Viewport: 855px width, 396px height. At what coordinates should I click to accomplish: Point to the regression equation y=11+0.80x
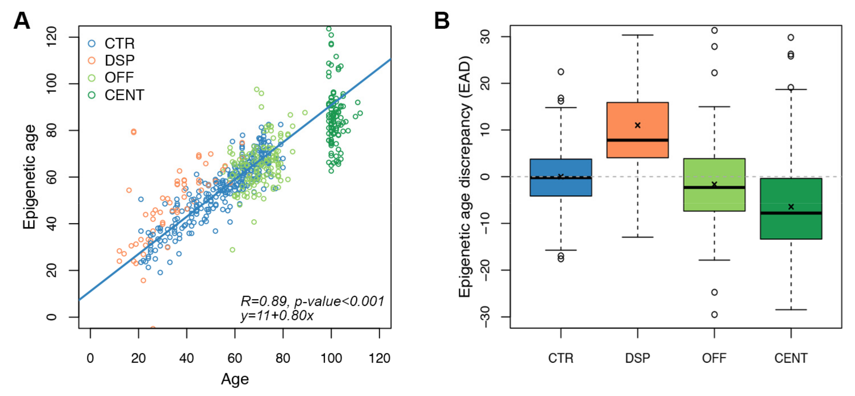pos(277,315)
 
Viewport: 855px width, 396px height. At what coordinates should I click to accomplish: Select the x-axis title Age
pos(235,379)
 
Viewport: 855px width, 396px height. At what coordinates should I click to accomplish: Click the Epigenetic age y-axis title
pos(29,177)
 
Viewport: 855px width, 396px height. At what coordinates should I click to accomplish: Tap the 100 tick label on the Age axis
pos(331,358)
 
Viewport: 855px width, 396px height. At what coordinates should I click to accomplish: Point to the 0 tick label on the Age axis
pos(90,358)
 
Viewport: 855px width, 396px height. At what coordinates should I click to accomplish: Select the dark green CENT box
pos(791,226)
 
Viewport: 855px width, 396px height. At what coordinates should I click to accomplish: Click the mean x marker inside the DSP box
pos(637,125)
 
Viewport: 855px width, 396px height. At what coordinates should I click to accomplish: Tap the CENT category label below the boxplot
pos(791,358)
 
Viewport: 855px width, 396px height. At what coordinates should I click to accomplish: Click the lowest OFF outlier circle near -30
pos(714,314)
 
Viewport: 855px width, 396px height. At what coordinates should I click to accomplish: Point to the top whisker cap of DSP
pos(637,35)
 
